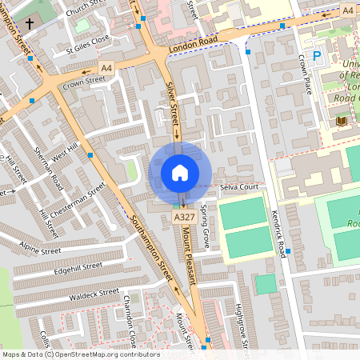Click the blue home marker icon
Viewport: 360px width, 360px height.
coord(180,173)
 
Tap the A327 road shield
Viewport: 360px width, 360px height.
coord(183,218)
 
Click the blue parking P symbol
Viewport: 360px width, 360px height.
coord(317,56)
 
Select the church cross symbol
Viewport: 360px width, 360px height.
coord(30,24)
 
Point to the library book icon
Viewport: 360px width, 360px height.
coord(342,120)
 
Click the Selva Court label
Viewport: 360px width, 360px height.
coord(239,187)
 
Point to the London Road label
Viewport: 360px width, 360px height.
coord(193,46)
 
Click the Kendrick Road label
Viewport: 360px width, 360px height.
coord(278,228)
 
